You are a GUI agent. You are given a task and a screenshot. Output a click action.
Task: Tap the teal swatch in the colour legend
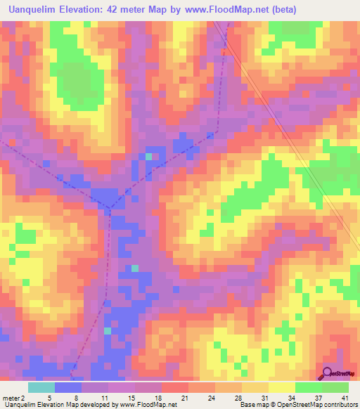[x=41, y=387]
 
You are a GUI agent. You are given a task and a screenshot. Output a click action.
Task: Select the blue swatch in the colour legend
[x=67, y=387]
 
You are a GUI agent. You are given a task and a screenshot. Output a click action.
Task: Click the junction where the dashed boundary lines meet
[x=110, y=207]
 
